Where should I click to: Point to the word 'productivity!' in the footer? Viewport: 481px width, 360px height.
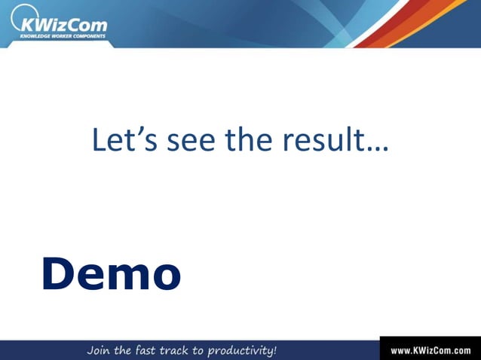coord(244,351)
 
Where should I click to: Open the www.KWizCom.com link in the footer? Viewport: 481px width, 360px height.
coord(430,351)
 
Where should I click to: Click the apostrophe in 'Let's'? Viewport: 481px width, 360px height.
coord(134,131)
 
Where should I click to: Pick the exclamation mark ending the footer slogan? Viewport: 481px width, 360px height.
coord(274,350)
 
